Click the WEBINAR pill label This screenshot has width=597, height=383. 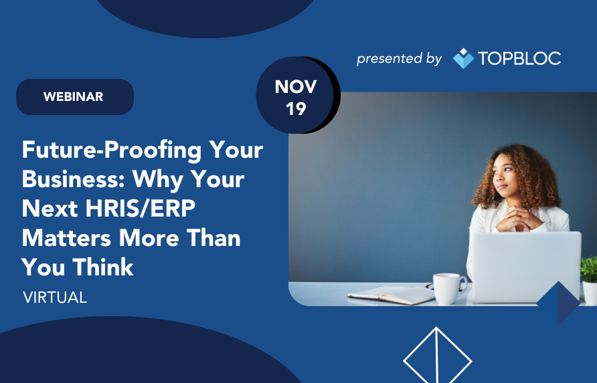(75, 97)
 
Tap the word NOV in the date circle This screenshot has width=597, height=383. (296, 87)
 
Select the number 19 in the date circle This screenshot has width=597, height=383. (296, 109)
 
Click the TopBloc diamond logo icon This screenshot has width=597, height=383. (463, 58)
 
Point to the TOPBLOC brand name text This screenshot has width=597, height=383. (519, 58)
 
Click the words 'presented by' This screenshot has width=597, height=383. (399, 59)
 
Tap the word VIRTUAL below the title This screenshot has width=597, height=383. (55, 297)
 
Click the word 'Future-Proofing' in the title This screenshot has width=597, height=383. (112, 150)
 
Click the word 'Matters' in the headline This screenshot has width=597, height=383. (67, 238)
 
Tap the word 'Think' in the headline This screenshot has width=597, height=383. (103, 267)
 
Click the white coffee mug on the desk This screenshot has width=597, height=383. (449, 289)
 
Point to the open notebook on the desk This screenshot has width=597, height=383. (391, 294)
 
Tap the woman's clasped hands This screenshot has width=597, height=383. (519, 220)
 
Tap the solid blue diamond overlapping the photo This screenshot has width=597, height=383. (559, 303)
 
